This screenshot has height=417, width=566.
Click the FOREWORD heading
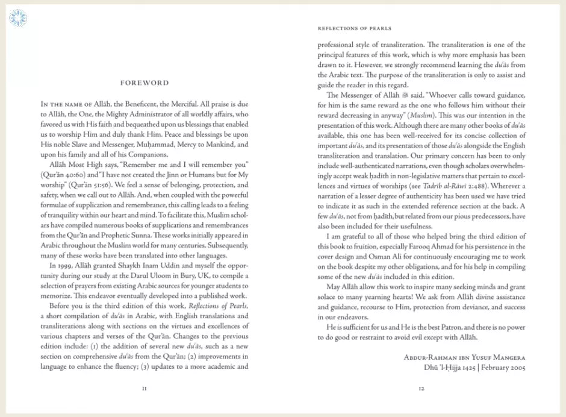tap(145, 83)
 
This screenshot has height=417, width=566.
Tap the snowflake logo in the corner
tap(18, 17)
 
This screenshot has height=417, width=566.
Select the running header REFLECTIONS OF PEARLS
tap(354, 28)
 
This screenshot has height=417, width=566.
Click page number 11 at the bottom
tap(145, 389)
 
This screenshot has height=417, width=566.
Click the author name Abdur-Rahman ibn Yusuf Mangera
tap(464, 358)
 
